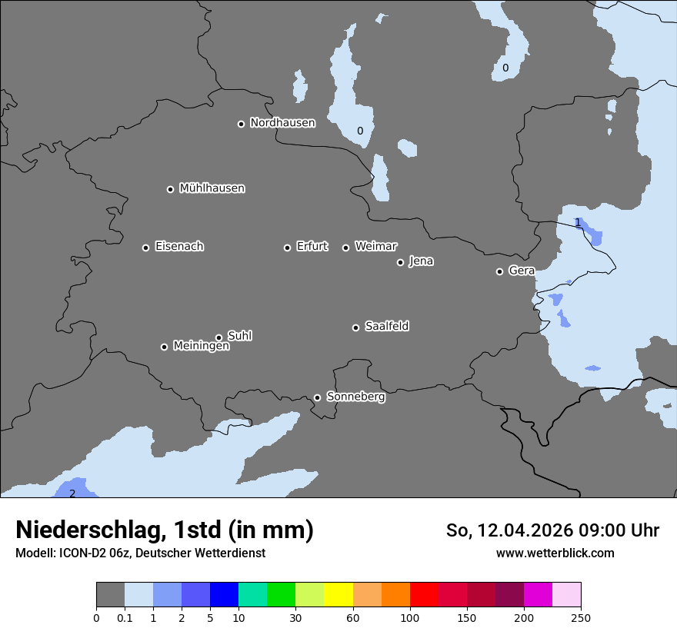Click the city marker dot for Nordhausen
point(241,124)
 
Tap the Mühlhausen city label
point(212,188)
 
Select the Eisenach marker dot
point(145,248)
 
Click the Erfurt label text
point(312,247)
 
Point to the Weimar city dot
point(345,248)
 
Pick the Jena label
point(421,261)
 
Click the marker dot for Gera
point(499,271)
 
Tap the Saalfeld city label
point(386,327)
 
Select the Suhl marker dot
point(218,337)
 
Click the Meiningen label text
point(201,347)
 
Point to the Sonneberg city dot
point(317,397)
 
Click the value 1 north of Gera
point(578,223)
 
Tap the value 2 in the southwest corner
point(72,493)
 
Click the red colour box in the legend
point(424,595)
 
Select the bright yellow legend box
point(338,595)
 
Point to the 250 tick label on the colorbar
point(580,617)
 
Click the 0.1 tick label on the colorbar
point(125,617)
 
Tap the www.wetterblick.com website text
point(555,553)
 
